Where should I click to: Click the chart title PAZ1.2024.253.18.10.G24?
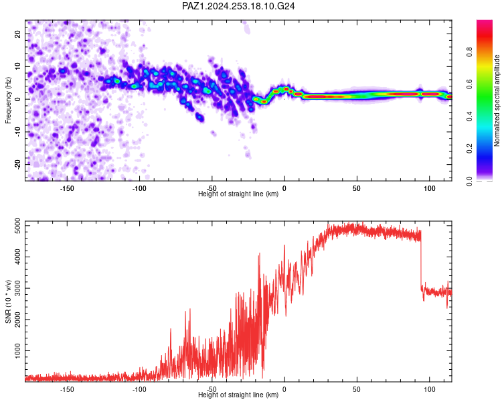coord(238,6)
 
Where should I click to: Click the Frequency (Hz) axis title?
coord(8,100)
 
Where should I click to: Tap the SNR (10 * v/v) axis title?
coord(8,301)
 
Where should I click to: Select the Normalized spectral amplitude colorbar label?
coord(497,100)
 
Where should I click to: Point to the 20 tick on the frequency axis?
coord(18,33)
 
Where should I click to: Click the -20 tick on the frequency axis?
coord(18,164)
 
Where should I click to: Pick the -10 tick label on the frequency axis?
coord(18,132)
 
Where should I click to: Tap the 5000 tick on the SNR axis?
coord(18,226)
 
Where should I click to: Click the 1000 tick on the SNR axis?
coord(18,350)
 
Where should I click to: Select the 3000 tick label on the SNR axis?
coord(18,288)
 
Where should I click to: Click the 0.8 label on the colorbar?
coord(469,52)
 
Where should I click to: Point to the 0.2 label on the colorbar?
coord(469,149)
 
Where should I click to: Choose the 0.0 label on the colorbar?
coord(469,181)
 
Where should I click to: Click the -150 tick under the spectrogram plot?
coord(66,188)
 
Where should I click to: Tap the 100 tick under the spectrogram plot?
coord(429,188)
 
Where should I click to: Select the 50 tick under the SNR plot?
coord(357,389)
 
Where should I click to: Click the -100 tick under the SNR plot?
coord(139,389)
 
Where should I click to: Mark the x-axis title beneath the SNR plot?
coord(238,395)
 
